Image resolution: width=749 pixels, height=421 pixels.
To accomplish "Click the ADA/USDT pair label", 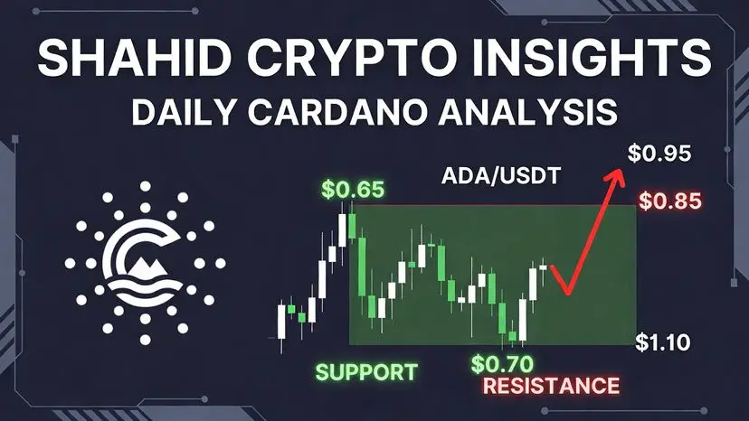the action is click(500, 176).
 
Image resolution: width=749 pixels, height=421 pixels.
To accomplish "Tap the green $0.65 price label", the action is click(353, 189).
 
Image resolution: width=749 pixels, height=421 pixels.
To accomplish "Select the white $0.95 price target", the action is click(659, 154).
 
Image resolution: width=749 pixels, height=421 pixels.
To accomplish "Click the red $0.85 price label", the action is click(670, 201).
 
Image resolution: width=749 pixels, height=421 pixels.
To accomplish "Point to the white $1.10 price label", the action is click(663, 342).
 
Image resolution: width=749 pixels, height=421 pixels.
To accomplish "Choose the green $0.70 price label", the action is click(502, 364).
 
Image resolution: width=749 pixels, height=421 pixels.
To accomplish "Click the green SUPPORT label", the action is click(366, 372).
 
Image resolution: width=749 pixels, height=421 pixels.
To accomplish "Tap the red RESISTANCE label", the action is click(551, 386).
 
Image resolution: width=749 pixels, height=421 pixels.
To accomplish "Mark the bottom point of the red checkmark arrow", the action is click(567, 293).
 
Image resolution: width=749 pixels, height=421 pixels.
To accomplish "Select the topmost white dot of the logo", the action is click(146, 186).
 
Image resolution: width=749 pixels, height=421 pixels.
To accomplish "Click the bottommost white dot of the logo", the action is click(146, 340).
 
